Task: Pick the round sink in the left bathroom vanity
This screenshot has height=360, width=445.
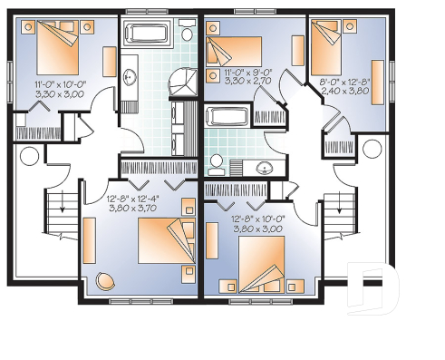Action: coord(129,76)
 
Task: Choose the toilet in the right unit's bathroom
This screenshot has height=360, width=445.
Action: coord(216,163)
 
